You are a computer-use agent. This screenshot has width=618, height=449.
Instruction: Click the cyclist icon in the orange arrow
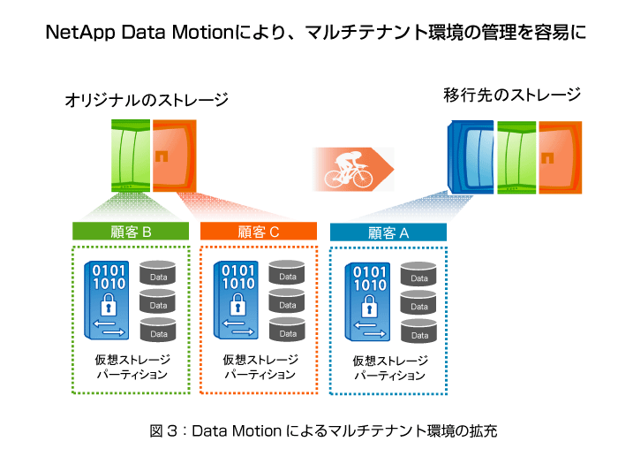click(x=348, y=170)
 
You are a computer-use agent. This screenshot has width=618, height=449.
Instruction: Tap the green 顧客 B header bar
click(x=131, y=232)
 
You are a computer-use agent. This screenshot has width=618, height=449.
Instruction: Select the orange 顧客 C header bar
click(x=259, y=232)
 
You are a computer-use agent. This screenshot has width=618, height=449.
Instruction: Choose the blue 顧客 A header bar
click(x=388, y=232)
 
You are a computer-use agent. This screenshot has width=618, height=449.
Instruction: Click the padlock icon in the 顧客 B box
click(x=109, y=304)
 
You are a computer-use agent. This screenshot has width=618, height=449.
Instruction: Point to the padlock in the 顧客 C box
click(x=237, y=304)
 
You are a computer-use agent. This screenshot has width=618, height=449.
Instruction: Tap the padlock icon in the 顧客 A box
click(x=369, y=306)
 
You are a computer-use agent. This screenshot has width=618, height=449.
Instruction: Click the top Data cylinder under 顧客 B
click(x=158, y=272)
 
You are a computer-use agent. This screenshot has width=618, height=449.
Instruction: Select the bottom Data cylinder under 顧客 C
click(x=287, y=330)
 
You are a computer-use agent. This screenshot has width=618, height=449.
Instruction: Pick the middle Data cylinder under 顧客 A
click(x=418, y=302)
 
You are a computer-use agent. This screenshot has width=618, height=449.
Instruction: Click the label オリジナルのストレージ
click(x=147, y=100)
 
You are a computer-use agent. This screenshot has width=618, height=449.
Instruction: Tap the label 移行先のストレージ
click(x=512, y=95)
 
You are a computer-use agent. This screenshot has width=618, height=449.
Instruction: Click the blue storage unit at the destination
click(x=471, y=157)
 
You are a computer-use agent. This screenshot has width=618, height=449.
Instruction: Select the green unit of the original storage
click(x=131, y=156)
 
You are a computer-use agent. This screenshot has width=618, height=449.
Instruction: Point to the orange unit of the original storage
click(x=175, y=156)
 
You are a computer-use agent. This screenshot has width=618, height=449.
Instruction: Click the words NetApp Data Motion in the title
click(x=139, y=33)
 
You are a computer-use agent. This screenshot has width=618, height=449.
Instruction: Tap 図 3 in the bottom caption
click(x=163, y=430)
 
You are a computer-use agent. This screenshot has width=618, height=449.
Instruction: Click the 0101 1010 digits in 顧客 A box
click(x=370, y=278)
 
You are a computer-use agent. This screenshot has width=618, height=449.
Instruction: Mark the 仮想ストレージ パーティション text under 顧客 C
click(x=260, y=367)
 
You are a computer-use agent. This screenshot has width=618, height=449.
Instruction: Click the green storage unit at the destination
click(x=516, y=157)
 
